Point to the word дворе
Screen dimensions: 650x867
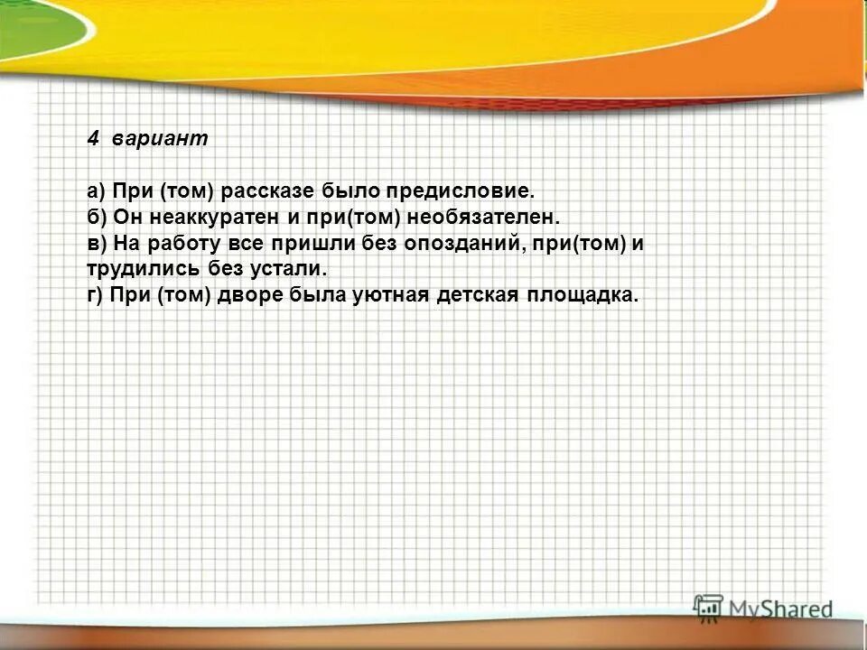click(x=252, y=296)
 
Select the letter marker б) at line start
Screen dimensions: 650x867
click(x=97, y=218)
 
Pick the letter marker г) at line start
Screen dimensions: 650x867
click(x=96, y=296)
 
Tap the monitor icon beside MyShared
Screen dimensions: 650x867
click(x=708, y=607)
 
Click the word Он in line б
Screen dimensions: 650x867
click(x=125, y=218)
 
